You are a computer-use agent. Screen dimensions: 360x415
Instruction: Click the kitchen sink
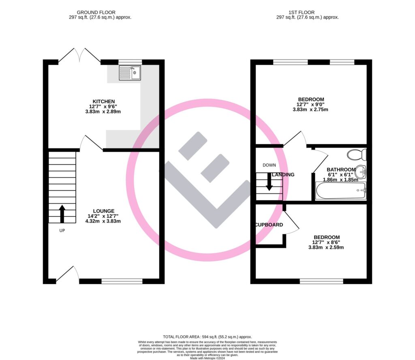[130, 73]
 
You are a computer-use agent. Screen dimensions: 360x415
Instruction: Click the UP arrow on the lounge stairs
[62, 214]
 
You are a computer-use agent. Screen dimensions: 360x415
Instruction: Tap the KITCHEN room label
[104, 101]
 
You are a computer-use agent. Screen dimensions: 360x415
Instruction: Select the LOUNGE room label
[104, 211]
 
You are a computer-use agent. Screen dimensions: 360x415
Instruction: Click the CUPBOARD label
[269, 225]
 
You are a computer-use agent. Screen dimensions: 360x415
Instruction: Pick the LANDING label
[283, 175]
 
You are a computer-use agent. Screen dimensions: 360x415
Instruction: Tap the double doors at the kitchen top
[79, 56]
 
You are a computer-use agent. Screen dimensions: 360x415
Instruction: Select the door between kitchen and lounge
[91, 143]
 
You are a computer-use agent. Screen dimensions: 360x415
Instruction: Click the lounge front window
[122, 281]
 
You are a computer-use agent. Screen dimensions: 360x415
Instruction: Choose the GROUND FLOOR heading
[101, 13]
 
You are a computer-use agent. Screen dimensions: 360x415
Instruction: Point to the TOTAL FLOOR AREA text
[207, 337]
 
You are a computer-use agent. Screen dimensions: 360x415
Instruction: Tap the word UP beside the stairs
[62, 230]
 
